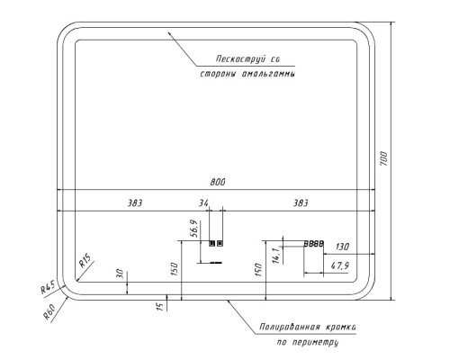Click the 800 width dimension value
(x=218, y=182)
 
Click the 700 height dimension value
(x=383, y=159)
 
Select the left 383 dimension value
(x=135, y=203)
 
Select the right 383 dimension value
(x=301, y=203)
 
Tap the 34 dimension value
(x=203, y=203)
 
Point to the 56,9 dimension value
(x=194, y=229)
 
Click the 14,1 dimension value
(x=276, y=256)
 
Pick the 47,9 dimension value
(x=339, y=265)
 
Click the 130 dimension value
(x=342, y=247)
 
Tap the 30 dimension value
(x=120, y=274)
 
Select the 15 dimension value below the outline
(x=159, y=306)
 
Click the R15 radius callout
(x=85, y=260)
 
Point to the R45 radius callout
(x=48, y=287)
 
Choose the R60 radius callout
(x=49, y=311)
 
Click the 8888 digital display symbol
(x=314, y=244)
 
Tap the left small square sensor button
(x=212, y=243)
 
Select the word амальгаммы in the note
(x=268, y=74)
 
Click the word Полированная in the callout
(x=290, y=327)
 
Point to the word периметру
(x=315, y=342)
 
